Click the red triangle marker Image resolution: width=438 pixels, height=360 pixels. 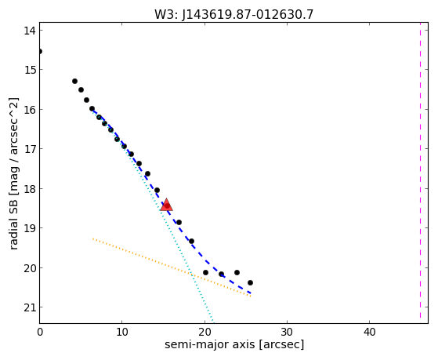pos(166,205)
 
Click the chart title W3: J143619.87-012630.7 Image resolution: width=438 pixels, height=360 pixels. pos(233,14)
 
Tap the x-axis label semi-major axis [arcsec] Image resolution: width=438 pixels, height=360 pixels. pos(234,344)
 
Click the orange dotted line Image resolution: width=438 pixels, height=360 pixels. pos(172,267)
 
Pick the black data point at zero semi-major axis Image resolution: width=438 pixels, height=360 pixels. pos(40,52)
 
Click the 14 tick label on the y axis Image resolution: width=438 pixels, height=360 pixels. pos(29,31)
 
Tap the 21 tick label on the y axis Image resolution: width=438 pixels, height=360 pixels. pos(29,307)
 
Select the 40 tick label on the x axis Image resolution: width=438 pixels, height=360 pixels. pos(369,332)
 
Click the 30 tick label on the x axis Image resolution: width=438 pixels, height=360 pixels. pos(287,332)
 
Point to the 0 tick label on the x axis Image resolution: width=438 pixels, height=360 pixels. pos(40,332)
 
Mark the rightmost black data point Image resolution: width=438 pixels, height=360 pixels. pos(250,283)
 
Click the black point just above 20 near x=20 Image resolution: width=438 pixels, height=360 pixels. pos(205,272)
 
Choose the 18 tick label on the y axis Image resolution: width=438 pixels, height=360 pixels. pos(29,189)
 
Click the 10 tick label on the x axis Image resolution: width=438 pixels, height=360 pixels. pos(122,332)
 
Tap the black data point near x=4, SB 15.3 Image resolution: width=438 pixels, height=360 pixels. pos(74,81)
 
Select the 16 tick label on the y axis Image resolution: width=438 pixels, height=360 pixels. pos(29,110)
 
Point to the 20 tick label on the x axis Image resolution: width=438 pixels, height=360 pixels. pos(205,332)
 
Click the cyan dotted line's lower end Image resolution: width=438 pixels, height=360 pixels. pos(213,322)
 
